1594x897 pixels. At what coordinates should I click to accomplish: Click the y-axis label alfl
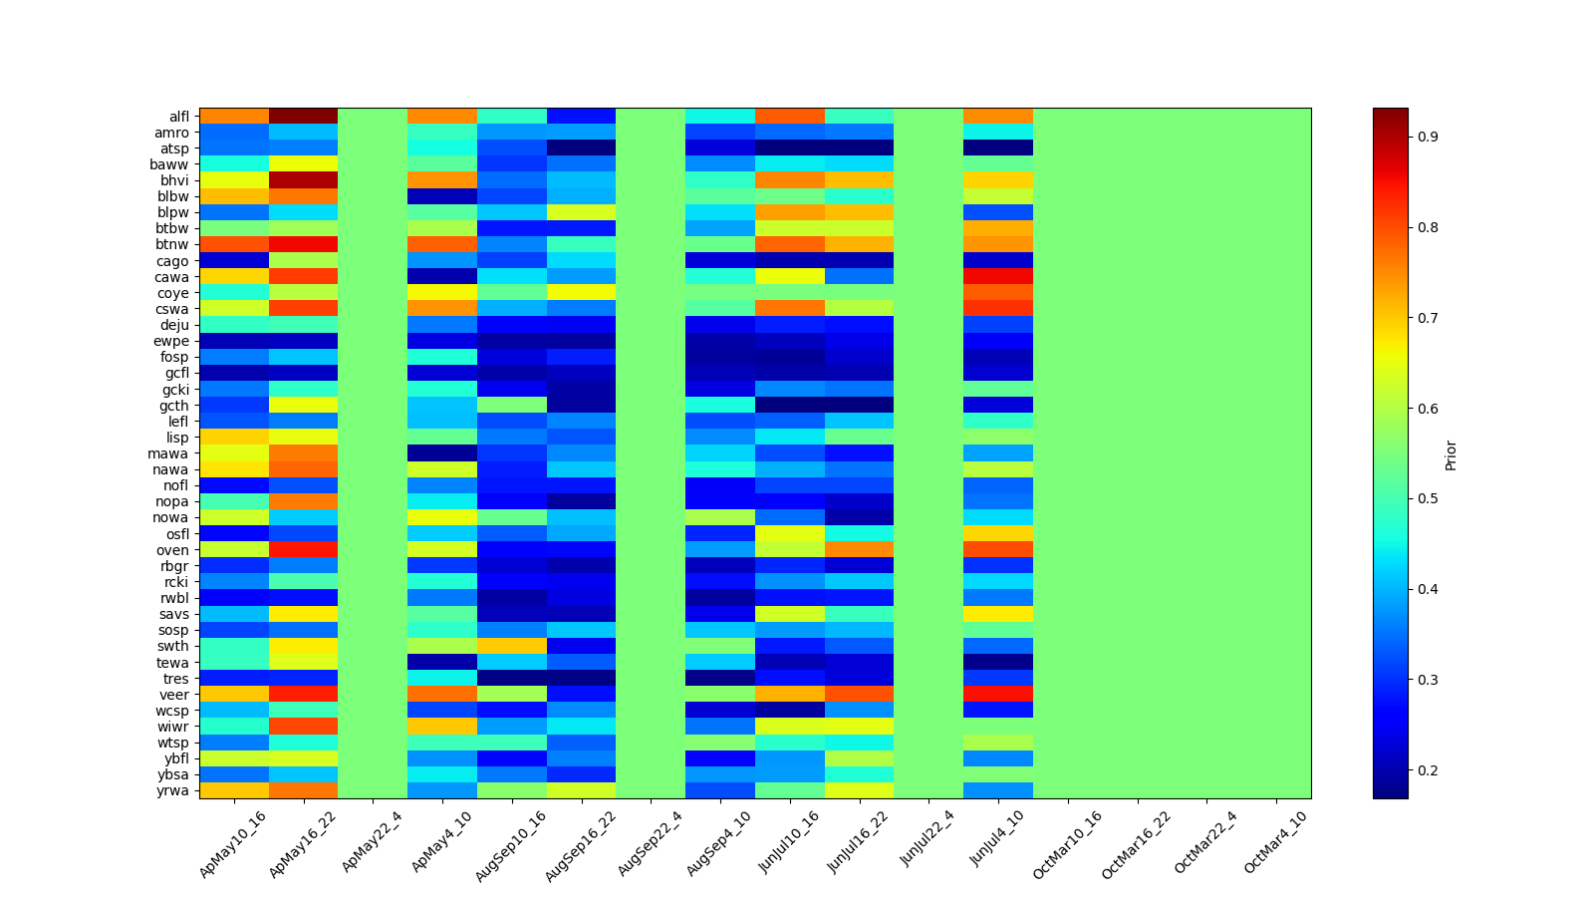point(178,117)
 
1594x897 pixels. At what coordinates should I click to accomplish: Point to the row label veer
point(175,695)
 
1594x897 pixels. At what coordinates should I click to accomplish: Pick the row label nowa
point(170,517)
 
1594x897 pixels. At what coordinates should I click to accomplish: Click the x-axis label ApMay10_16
point(233,843)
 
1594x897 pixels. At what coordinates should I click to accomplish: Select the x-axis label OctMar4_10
point(1275,843)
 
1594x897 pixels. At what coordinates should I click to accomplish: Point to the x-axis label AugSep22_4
point(650,843)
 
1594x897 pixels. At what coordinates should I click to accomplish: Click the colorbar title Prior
point(1451,454)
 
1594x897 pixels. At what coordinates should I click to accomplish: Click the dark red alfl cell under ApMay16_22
point(303,117)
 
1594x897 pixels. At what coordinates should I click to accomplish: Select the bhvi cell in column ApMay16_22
point(303,180)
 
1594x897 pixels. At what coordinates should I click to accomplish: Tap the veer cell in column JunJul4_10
point(997,695)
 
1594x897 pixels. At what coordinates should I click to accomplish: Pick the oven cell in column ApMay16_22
point(303,550)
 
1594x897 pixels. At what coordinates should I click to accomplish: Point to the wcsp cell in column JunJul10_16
point(789,711)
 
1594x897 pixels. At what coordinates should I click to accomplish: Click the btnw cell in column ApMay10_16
point(233,245)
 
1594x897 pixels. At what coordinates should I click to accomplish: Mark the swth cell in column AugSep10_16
point(511,646)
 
